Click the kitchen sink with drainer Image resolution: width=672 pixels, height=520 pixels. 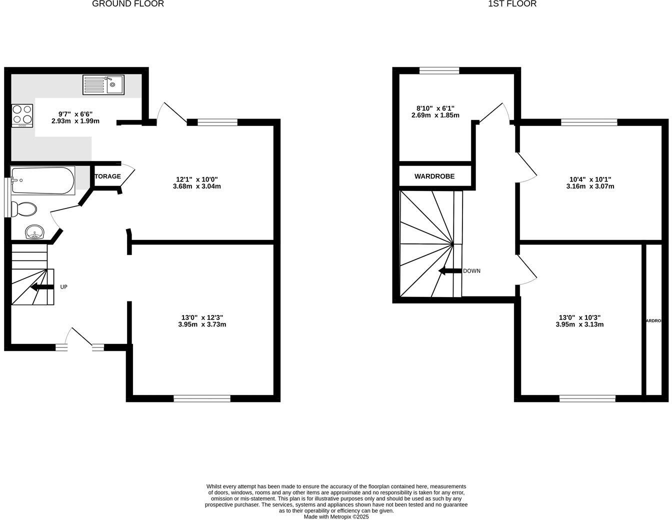click(x=103, y=85)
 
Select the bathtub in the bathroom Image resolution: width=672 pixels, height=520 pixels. click(x=42, y=180)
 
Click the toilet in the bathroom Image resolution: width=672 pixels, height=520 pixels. click(x=24, y=209)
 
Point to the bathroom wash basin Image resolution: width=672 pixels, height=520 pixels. click(x=34, y=232)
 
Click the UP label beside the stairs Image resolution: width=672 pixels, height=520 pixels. click(x=63, y=287)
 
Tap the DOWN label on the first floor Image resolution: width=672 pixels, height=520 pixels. click(x=471, y=271)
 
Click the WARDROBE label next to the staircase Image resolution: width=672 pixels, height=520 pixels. click(x=434, y=176)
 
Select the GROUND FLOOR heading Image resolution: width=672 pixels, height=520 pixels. click(x=128, y=4)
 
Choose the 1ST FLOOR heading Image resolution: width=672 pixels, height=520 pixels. click(x=512, y=4)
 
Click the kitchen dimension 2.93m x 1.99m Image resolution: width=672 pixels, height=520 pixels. click(x=75, y=121)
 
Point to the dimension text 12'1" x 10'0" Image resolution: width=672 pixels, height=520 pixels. click(x=197, y=179)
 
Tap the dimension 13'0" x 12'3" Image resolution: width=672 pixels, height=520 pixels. click(x=202, y=317)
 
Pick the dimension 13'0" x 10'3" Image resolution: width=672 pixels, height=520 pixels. click(x=579, y=317)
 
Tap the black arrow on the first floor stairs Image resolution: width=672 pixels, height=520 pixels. click(x=449, y=271)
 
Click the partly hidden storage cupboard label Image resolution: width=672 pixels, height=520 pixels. click(x=107, y=176)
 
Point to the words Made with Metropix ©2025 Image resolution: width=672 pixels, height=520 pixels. click(x=336, y=517)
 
